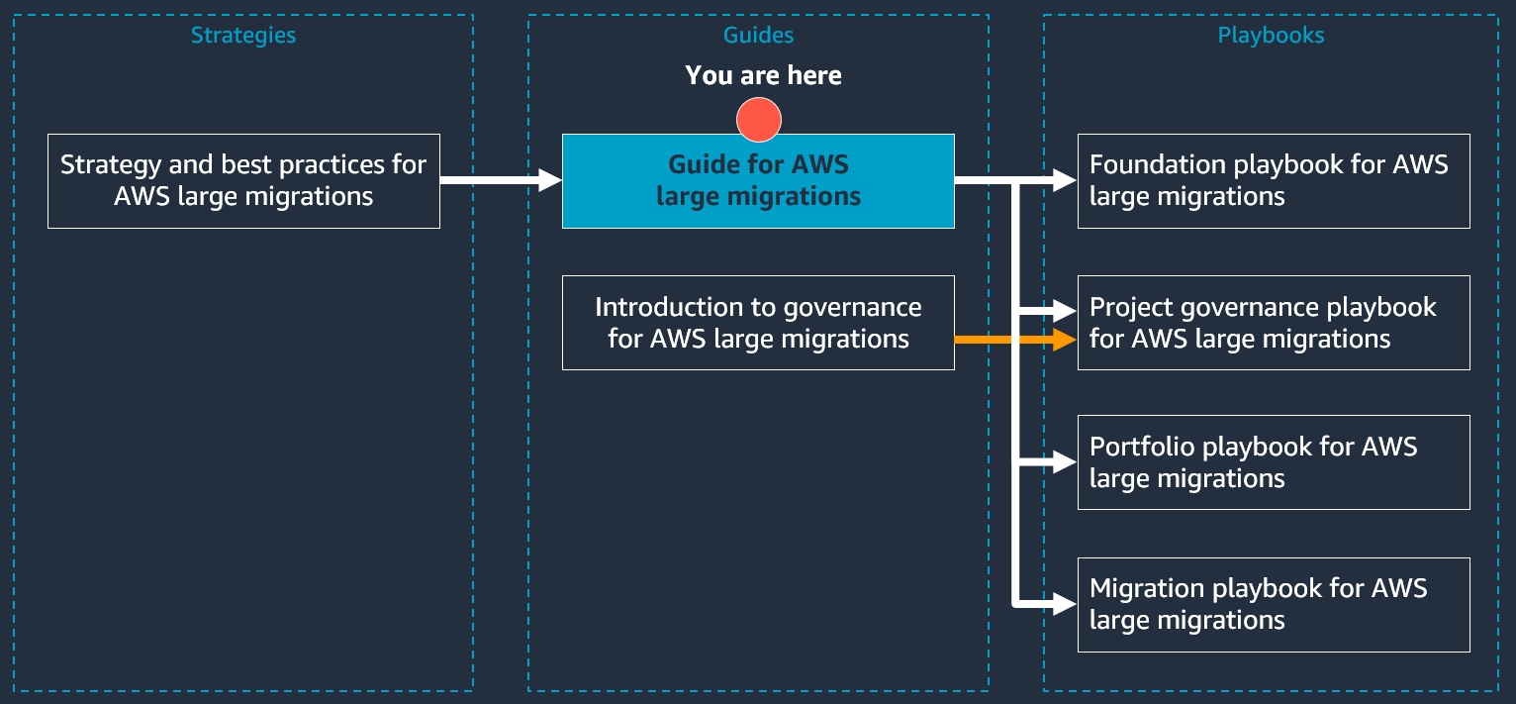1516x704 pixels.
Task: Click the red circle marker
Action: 759,121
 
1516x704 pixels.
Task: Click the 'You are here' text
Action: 763,76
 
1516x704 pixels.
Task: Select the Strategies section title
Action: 243,36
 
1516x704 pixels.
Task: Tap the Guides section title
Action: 758,36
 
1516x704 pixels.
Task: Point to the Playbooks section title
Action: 1271,36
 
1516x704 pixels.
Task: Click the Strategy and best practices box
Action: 243,181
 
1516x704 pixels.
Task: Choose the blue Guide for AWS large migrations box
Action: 758,181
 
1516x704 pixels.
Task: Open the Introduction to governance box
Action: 758,323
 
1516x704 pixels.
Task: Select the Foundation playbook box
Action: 1274,181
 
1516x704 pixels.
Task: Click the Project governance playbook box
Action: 1274,323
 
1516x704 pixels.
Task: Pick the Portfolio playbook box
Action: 1274,462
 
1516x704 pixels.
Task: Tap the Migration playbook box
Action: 1274,604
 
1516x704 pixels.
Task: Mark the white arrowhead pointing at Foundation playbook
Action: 1065,180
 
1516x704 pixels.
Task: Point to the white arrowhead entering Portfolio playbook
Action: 1065,461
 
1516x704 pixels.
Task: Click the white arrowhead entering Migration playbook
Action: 1065,603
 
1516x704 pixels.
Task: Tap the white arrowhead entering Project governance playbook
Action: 1065,310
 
